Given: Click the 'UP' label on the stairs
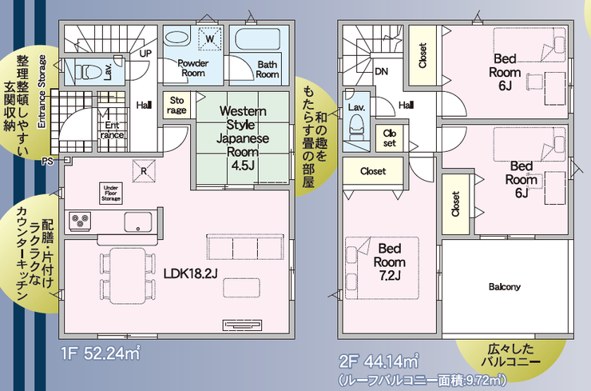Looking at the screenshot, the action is pos(145,54).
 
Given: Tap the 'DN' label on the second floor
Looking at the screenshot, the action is pos(382,71).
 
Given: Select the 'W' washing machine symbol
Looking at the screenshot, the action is pos(210,38).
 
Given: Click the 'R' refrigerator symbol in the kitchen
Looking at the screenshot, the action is pos(144,171).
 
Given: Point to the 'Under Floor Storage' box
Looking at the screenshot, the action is pos(111,194).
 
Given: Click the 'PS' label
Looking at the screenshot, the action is pos(47,162).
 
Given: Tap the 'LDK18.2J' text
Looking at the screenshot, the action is pos(190,273).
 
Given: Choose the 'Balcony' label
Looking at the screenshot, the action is pos(504,287).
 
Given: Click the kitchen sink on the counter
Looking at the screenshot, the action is pos(138,222).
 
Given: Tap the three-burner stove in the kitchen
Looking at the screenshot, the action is pos(80,221).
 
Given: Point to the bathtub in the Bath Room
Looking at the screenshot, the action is pos(258,40).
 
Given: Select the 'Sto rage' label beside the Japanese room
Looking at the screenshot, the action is pos(177,106).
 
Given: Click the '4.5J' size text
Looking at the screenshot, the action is pos(243,166).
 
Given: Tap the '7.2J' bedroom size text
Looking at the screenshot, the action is pos(390,276).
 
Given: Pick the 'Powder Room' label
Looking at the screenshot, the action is pos(193,68).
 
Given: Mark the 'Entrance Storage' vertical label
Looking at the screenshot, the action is pos(42,91).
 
